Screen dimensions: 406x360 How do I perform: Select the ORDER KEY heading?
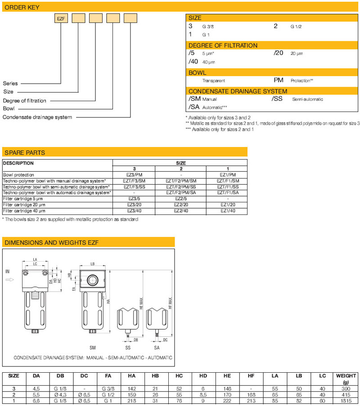tap(22, 7)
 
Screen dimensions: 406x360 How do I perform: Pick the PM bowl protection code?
tap(279, 80)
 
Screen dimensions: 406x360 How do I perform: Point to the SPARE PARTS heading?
tap(25, 152)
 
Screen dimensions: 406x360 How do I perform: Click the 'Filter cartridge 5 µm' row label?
tap(24, 198)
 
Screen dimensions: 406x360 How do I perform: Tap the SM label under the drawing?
tap(93, 347)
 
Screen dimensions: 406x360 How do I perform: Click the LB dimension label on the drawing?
tap(93, 264)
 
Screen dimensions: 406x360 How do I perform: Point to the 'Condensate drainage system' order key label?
tap(37, 117)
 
